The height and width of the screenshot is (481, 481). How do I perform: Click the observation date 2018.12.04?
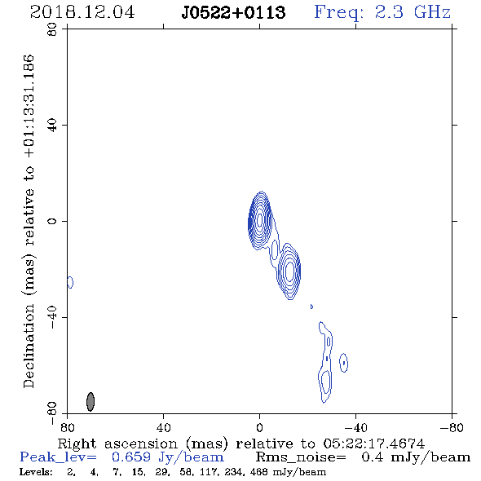point(82,12)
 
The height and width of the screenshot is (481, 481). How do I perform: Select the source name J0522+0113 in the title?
point(233,12)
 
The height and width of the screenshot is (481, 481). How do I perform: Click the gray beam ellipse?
point(90,402)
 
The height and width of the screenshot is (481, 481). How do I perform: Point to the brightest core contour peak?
point(260,220)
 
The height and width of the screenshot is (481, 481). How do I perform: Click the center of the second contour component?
point(289,271)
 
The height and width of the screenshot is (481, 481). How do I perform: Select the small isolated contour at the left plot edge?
point(70,282)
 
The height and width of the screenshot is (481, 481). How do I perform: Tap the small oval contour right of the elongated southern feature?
point(343,363)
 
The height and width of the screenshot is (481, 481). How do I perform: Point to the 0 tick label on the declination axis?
point(52,221)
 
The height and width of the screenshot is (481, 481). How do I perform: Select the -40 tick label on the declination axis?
point(52,317)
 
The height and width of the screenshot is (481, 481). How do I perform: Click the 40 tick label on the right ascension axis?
point(164,428)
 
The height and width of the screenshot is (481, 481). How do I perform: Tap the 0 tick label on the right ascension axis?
point(259,428)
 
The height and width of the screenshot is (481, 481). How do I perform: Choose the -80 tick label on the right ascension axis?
point(452,428)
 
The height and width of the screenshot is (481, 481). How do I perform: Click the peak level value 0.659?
point(131,457)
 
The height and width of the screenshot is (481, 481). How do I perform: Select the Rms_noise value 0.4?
point(372,457)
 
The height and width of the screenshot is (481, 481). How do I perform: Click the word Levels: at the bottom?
point(36,472)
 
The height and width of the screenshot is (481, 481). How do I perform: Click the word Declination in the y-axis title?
point(29,346)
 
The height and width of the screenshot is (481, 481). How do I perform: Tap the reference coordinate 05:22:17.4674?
point(374,443)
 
